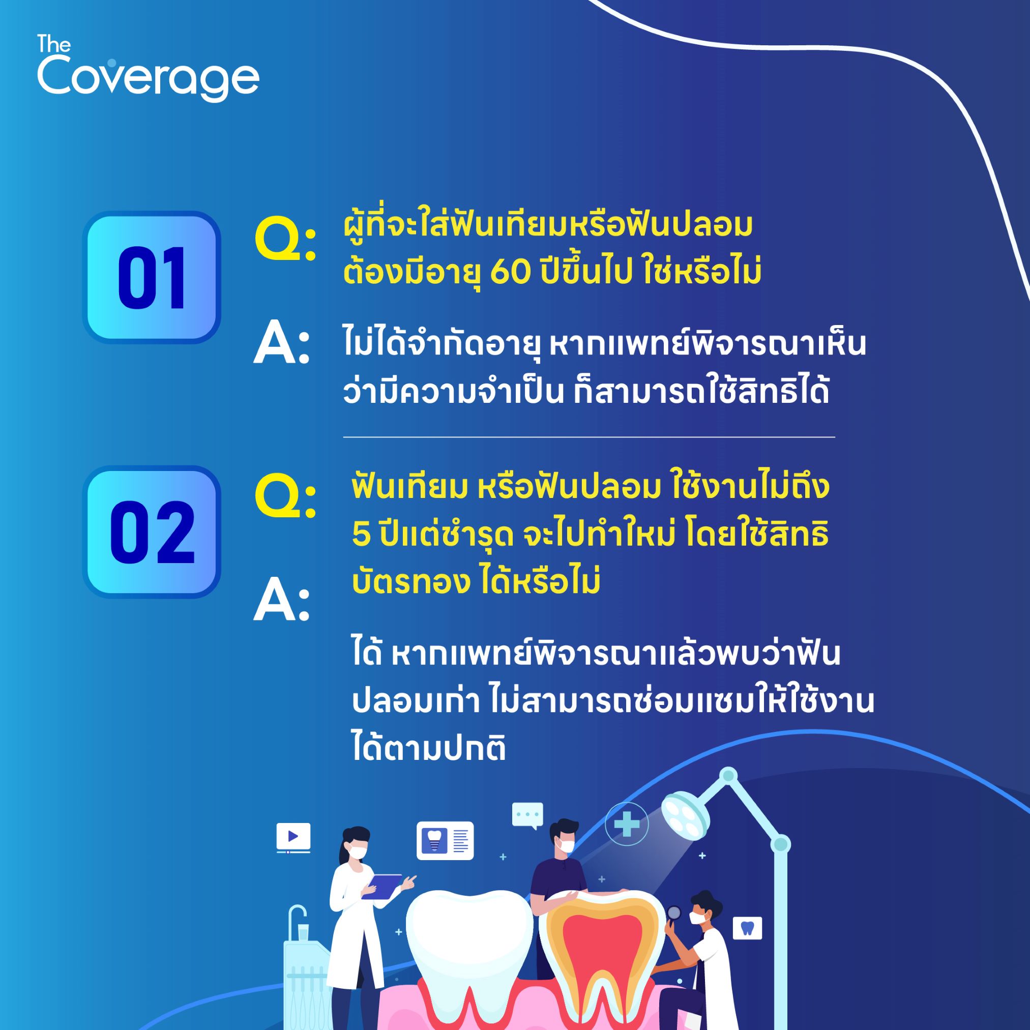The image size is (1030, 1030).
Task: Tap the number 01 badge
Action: click(x=152, y=277)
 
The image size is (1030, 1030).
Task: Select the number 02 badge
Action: click(x=152, y=532)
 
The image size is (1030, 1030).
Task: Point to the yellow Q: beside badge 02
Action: click(x=285, y=496)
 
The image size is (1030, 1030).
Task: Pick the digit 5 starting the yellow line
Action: click(x=361, y=535)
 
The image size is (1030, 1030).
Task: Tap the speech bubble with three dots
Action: click(x=527, y=816)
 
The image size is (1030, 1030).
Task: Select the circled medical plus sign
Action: click(x=627, y=825)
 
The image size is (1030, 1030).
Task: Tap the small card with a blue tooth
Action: click(x=747, y=928)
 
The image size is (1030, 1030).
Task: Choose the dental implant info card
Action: click(x=445, y=841)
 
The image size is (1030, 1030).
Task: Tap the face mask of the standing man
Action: click(x=565, y=845)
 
